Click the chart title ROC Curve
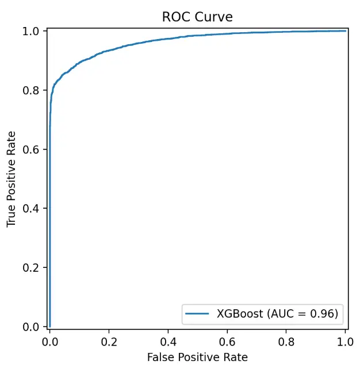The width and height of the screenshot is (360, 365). tap(197, 17)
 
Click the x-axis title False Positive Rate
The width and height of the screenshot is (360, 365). tap(197, 357)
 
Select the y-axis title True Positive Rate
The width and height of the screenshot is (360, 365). tap(11, 178)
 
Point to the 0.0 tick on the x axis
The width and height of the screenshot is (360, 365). tap(50, 340)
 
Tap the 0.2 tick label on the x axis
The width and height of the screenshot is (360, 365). tap(109, 340)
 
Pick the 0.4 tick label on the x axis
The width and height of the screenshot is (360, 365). tap(168, 340)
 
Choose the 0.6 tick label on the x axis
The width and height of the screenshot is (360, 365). tap(227, 340)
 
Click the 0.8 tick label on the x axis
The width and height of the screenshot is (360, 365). tap(286, 340)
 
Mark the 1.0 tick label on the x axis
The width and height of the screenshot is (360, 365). tap(345, 340)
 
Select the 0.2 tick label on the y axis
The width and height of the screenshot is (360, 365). tap(33, 267)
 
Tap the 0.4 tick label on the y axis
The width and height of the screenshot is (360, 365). tap(33, 208)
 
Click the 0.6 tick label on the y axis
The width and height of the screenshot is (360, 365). tap(33, 149)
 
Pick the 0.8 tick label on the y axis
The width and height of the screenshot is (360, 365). tap(33, 90)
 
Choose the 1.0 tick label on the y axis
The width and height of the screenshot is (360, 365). tap(33, 31)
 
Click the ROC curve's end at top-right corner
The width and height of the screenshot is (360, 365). tap(345, 31)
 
